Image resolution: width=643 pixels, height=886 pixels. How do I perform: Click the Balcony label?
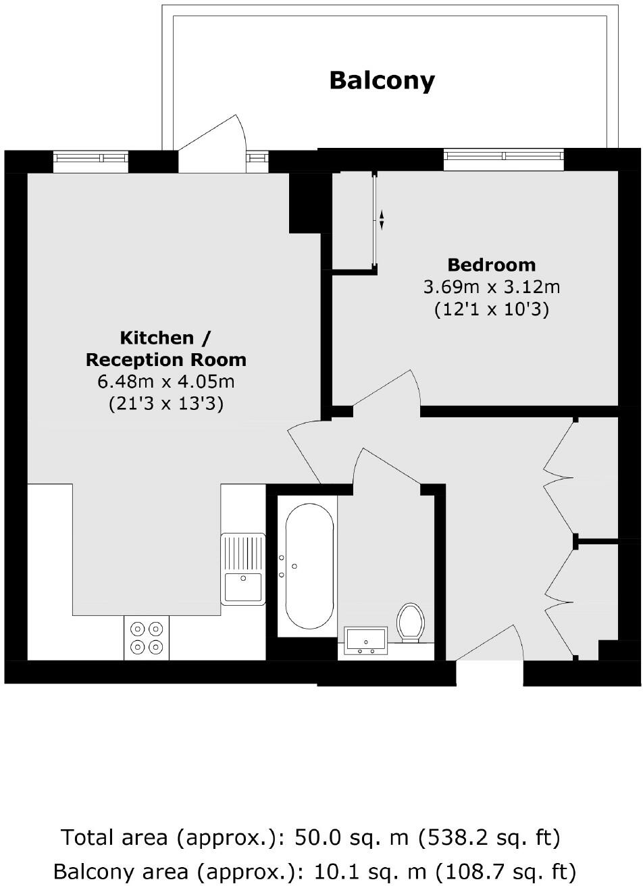pos(382,80)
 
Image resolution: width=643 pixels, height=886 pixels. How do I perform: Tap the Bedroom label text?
pos(491,264)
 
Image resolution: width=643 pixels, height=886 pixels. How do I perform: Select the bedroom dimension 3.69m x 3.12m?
pos(491,287)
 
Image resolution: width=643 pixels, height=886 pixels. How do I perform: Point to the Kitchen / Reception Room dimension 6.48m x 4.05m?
pos(166,382)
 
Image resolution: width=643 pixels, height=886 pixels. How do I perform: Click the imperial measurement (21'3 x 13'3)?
pos(166,405)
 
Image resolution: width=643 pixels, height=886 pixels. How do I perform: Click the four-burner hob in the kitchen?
pos(147,637)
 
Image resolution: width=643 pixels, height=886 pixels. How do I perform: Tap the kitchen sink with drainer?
pos(242,568)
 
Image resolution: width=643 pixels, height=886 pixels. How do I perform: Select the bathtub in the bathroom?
pos(309,567)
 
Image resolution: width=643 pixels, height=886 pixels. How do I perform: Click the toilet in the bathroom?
pos(410,621)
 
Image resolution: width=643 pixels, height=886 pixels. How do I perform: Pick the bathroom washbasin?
pos(365,640)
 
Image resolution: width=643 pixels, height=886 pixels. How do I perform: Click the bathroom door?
pos(388,466)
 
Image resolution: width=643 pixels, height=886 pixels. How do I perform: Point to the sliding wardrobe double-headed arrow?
pos(381,219)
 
